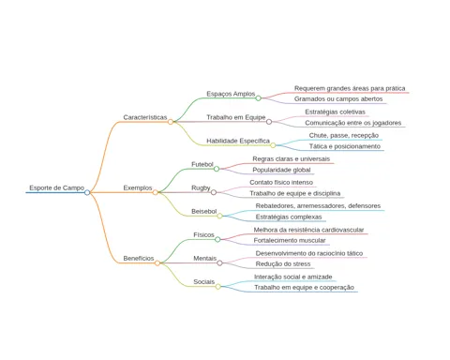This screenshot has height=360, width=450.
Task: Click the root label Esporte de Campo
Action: pyautogui.click(x=57, y=187)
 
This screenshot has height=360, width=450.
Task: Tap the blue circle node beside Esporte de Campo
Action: pyautogui.click(x=87, y=192)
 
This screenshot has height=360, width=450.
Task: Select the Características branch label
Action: pyautogui.click(x=145, y=117)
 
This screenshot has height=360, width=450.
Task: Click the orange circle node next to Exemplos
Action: pyautogui.click(x=156, y=192)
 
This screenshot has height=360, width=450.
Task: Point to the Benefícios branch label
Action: pyautogui.click(x=139, y=259)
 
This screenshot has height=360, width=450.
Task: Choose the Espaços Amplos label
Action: pyautogui.click(x=231, y=94)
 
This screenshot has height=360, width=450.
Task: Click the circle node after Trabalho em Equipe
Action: pyautogui.click(x=269, y=122)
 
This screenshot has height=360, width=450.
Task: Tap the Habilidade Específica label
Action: pyautogui.click(x=238, y=141)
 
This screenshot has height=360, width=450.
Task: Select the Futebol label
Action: pyautogui.click(x=202, y=164)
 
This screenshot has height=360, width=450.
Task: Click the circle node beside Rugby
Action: pyautogui.click(x=214, y=192)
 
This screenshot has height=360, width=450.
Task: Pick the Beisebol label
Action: pyautogui.click(x=204, y=212)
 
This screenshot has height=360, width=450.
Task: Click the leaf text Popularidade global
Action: pyautogui.click(x=281, y=170)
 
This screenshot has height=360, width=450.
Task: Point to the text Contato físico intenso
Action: pyautogui.click(x=281, y=182)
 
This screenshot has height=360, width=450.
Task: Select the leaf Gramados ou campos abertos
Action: pyautogui.click(x=338, y=98)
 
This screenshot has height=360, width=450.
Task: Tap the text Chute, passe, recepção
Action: pyautogui.click(x=344, y=135)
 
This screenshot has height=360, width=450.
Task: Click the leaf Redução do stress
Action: pyautogui.click(x=283, y=264)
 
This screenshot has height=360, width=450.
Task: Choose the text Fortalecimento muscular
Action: pyautogui.click(x=290, y=240)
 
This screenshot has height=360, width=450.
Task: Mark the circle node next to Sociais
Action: pyautogui.click(x=218, y=287)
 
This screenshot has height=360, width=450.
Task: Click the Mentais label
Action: pyautogui.click(x=205, y=259)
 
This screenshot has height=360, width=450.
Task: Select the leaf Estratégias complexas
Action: pyautogui.click(x=289, y=217)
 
